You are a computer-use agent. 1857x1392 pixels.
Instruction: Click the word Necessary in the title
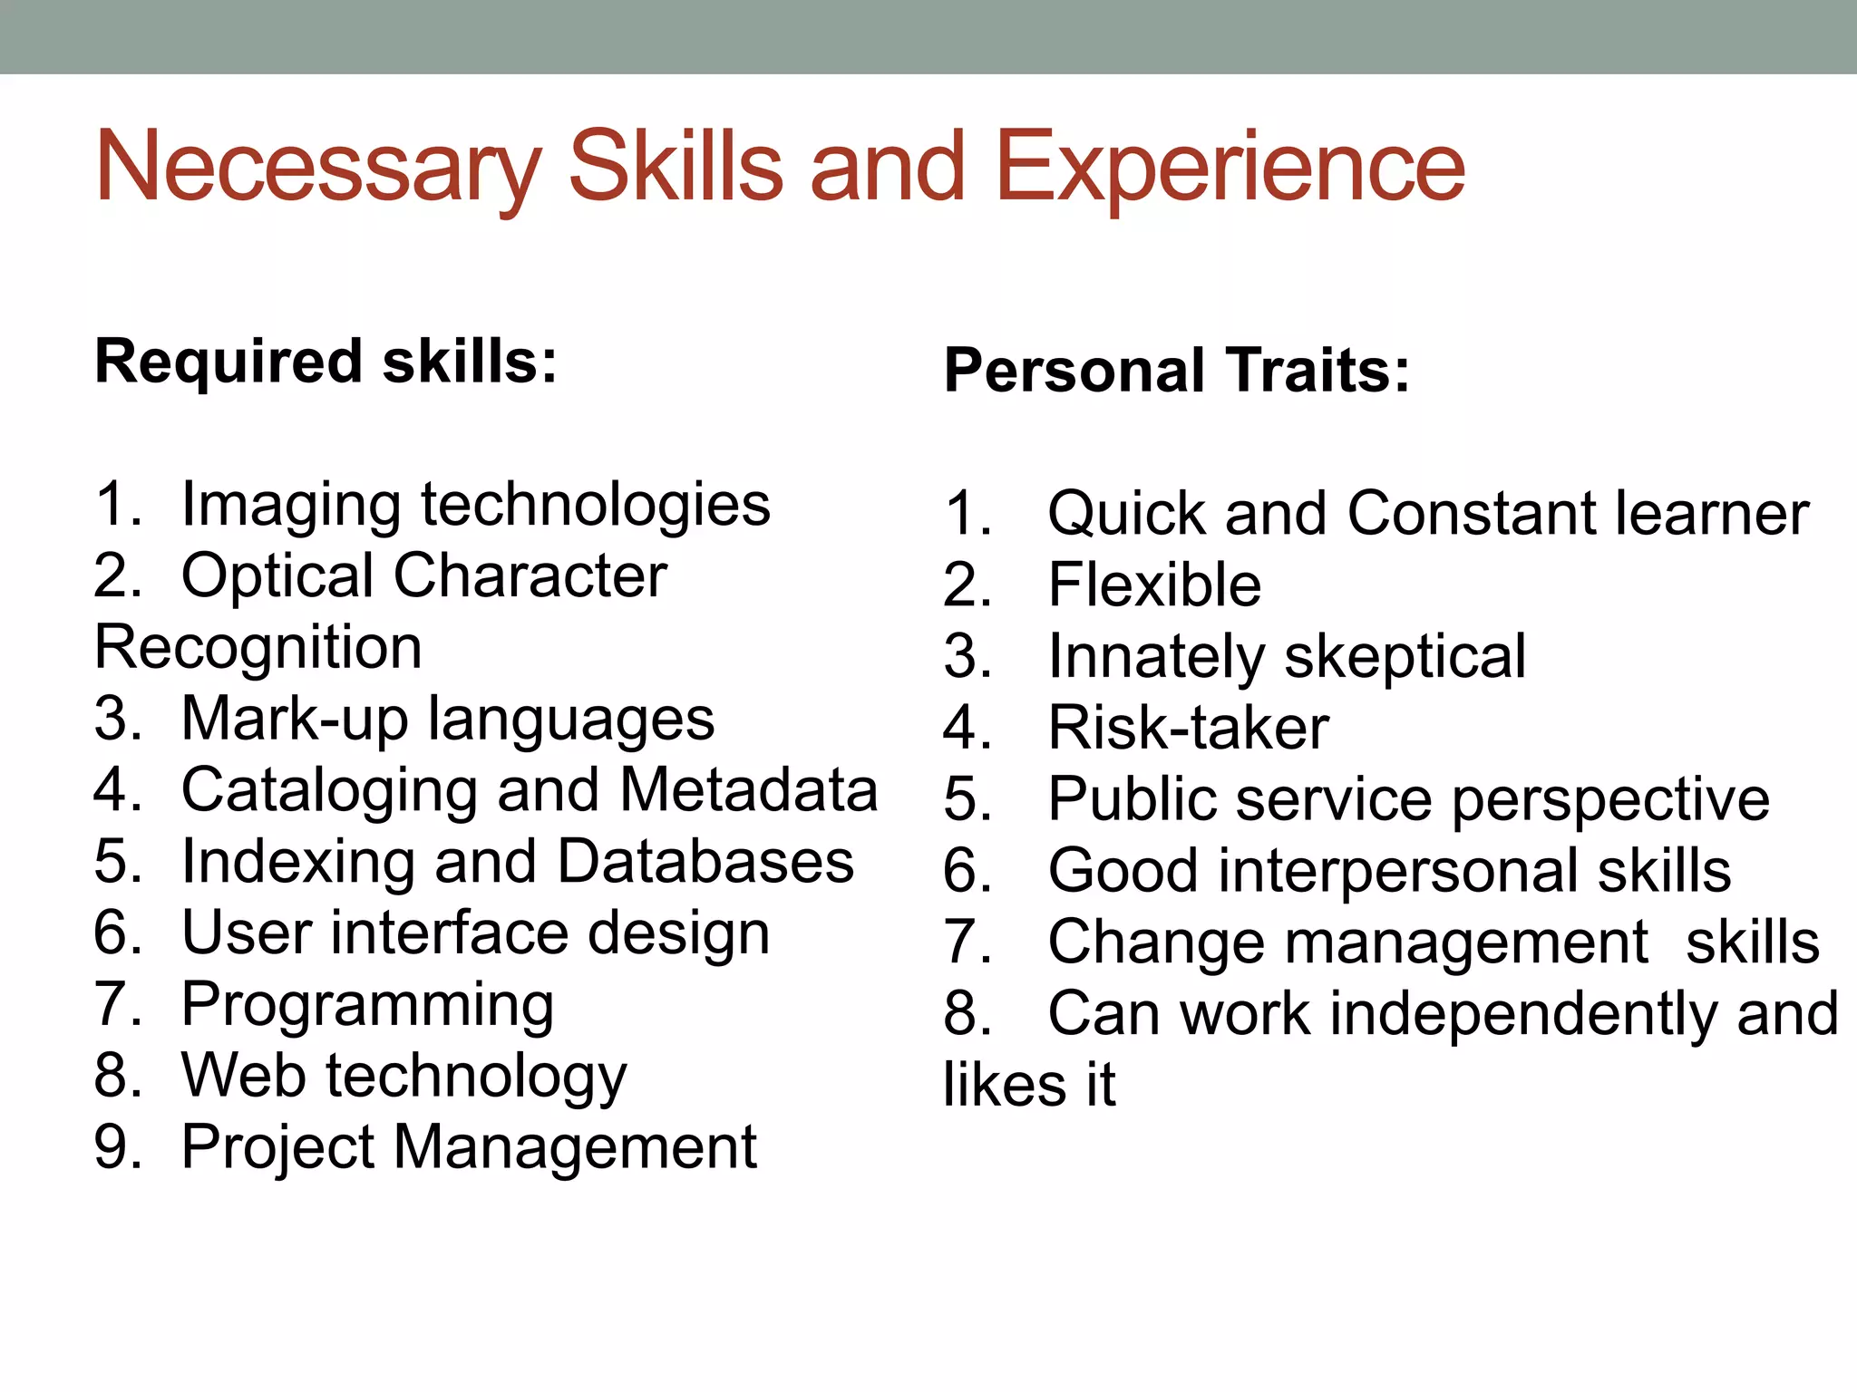317,169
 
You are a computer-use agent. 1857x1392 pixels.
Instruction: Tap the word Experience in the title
1230,169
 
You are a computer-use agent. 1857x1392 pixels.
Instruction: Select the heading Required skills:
326,362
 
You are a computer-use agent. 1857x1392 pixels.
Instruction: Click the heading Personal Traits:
1177,371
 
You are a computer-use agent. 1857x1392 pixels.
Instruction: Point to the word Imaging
290,506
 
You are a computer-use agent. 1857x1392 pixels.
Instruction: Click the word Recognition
258,649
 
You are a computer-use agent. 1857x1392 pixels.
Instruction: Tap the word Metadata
749,790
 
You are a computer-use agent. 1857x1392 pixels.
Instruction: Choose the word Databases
705,862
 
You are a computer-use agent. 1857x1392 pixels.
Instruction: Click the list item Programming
367,1005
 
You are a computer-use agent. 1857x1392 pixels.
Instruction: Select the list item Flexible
1154,585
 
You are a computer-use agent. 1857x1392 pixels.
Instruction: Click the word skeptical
1405,657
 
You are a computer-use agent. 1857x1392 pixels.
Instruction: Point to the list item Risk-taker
1188,728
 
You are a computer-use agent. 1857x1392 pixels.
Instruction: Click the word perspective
1610,800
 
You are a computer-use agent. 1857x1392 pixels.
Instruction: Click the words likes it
1029,1085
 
